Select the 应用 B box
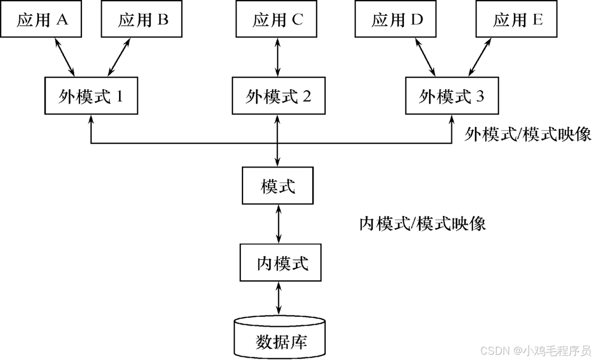point(142,20)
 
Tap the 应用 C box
point(276,20)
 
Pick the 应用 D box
point(395,20)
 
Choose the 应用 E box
point(516,20)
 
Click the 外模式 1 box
point(91,96)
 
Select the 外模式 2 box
point(278,96)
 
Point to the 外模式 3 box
point(452,96)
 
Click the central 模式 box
point(278,185)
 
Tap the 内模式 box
point(280,263)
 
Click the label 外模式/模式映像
point(527,135)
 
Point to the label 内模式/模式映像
point(422,224)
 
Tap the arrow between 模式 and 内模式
point(279,224)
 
